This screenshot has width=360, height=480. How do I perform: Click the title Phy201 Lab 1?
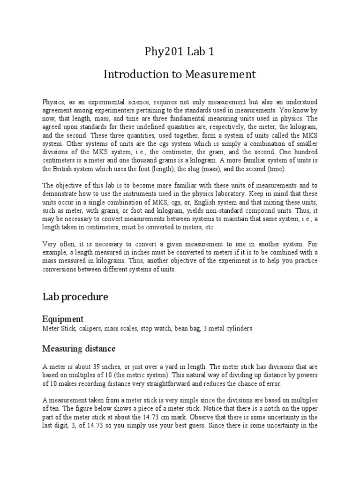pyautogui.click(x=180, y=52)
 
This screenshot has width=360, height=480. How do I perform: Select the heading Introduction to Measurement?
pyautogui.click(x=180, y=74)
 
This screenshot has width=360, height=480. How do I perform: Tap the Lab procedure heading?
pyautogui.click(x=75, y=297)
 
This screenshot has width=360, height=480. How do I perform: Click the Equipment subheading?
pyautogui.click(x=63, y=319)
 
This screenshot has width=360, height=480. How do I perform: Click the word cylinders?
pyautogui.click(x=239, y=329)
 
